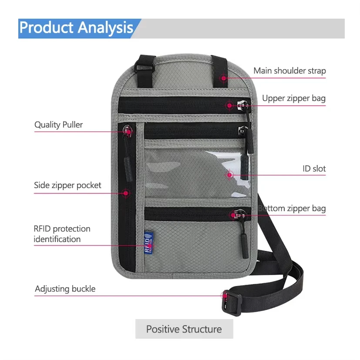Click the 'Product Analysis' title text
click(x=76, y=28)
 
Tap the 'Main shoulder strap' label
click(x=289, y=71)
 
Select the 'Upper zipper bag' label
click(x=293, y=98)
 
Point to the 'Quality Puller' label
click(x=58, y=125)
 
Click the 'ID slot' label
click(x=314, y=168)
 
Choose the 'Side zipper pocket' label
click(x=67, y=185)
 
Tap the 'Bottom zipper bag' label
click(x=292, y=209)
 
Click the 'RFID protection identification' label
click(x=62, y=234)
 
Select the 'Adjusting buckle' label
click(x=65, y=289)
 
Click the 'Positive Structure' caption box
click(x=184, y=329)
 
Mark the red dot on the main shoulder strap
click(x=223, y=78)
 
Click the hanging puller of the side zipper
click(x=129, y=157)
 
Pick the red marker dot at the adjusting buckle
click(x=225, y=296)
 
